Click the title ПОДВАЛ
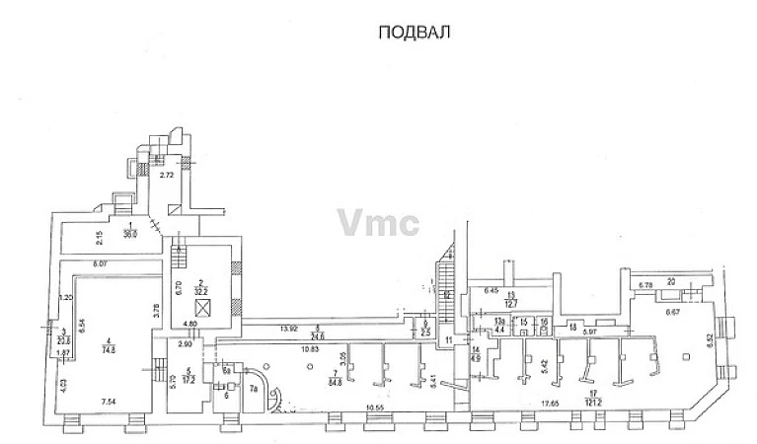click(414, 33)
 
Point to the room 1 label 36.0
click(128, 234)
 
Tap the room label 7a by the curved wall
click(252, 390)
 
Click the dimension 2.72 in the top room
click(167, 174)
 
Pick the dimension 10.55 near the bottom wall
click(374, 407)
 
